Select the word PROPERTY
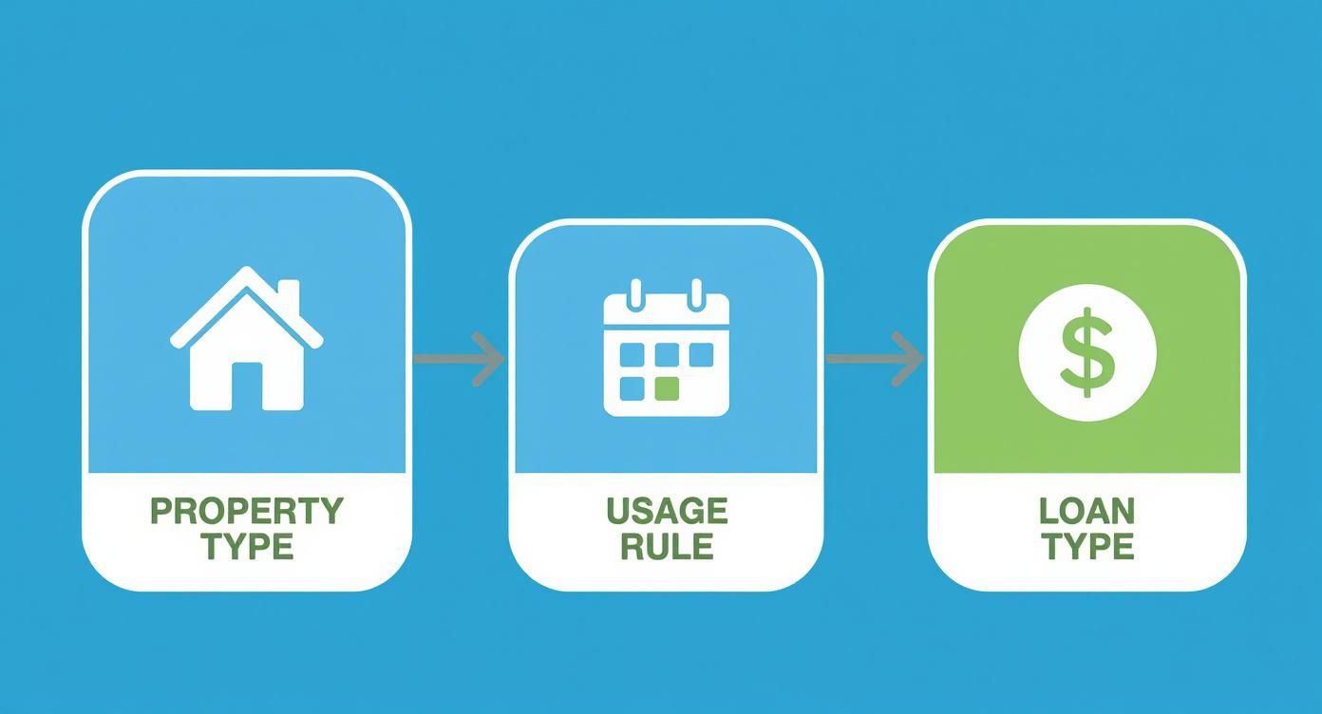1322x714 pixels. tap(247, 511)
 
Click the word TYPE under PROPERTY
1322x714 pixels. tap(248, 546)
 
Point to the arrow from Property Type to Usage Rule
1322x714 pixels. tap(459, 359)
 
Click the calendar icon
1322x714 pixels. tap(667, 348)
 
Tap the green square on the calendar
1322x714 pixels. tap(667, 389)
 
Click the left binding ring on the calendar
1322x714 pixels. tap(635, 294)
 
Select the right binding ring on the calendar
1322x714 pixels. tap(697, 294)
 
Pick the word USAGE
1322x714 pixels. tap(667, 511)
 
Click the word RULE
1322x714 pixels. tap(667, 546)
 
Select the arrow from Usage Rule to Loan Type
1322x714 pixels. tap(875, 359)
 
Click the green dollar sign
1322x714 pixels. tap(1087, 352)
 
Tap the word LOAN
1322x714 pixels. tap(1086, 511)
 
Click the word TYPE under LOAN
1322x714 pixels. tap(1087, 546)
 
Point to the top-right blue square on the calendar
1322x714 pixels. tap(702, 355)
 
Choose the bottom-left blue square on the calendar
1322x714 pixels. tap(633, 389)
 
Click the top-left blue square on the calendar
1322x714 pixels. tap(633, 355)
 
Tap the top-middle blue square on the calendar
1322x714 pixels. tap(667, 355)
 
